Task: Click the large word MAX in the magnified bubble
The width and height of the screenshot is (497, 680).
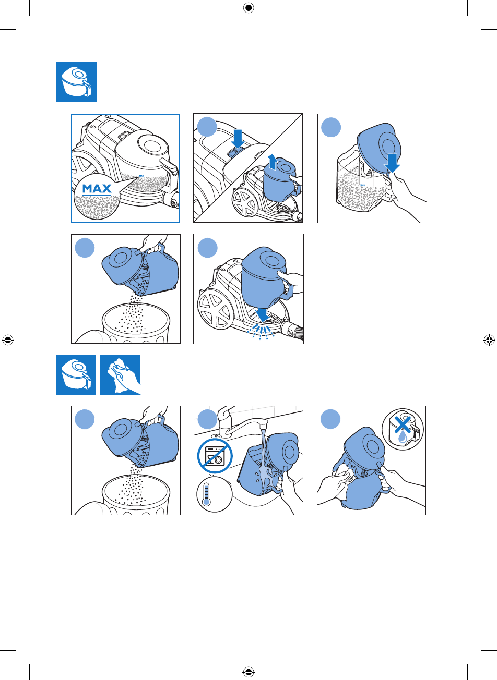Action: [x=97, y=189]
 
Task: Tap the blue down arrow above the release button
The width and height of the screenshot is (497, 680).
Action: [x=238, y=139]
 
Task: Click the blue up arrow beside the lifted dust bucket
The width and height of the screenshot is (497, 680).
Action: [x=273, y=162]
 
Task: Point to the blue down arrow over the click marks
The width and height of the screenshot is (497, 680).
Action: [x=262, y=315]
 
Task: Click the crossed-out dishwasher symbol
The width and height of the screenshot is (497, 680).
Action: [x=215, y=455]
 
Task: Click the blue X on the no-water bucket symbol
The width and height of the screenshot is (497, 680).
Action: [x=402, y=424]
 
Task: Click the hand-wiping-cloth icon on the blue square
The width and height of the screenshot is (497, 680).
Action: [x=121, y=374]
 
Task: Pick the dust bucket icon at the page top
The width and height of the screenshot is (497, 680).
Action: [x=76, y=82]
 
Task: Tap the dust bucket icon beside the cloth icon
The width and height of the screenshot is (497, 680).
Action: [x=76, y=374]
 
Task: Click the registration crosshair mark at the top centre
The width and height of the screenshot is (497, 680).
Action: [x=249, y=8]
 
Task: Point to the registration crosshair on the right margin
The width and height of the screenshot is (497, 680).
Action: [x=489, y=340]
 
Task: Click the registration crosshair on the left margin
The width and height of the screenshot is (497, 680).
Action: [x=8, y=340]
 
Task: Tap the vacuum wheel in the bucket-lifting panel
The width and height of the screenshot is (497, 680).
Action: [x=245, y=203]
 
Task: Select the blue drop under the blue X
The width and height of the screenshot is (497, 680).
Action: [x=403, y=438]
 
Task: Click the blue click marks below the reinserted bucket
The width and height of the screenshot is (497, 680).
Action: [x=261, y=332]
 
